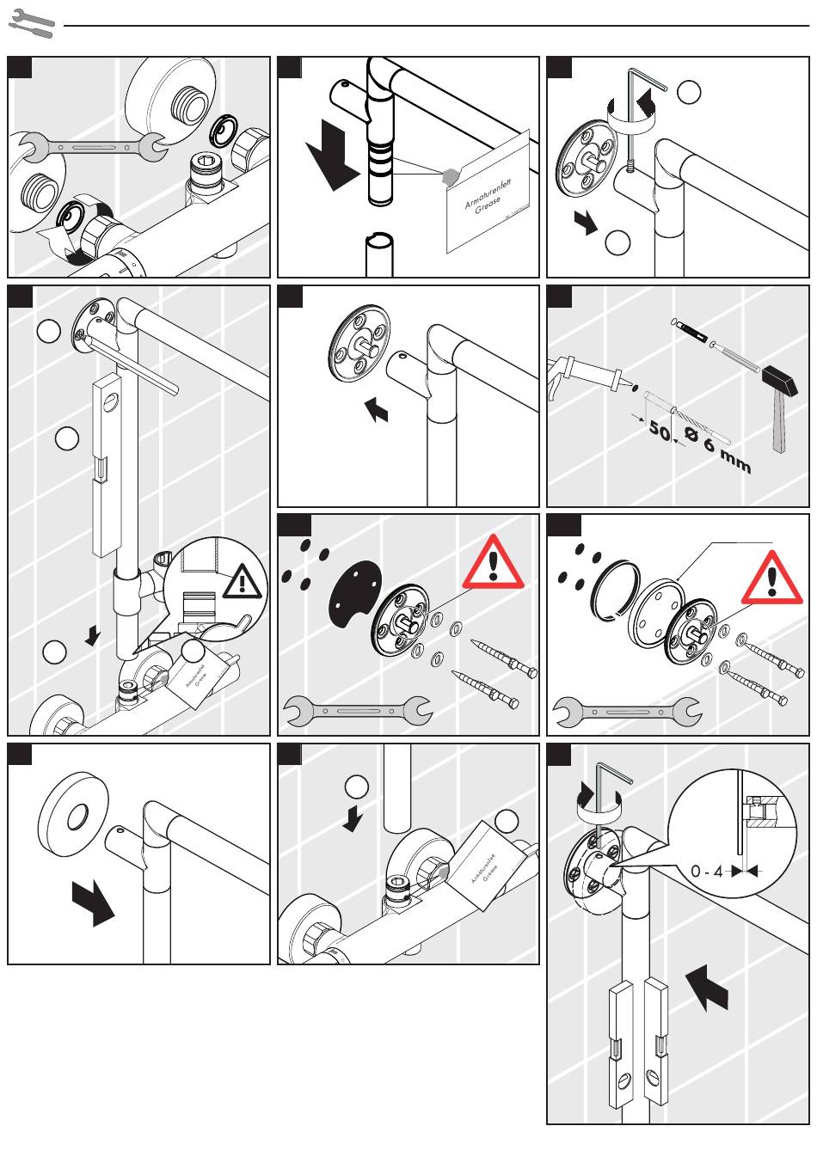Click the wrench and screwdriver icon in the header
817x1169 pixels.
pos(31,24)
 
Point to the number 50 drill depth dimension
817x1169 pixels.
pos(659,430)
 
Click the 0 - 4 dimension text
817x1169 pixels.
pos(707,872)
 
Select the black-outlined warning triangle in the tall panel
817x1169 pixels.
pos(244,582)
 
